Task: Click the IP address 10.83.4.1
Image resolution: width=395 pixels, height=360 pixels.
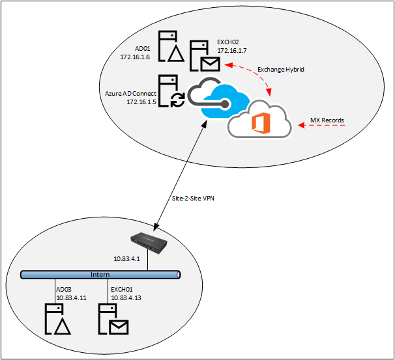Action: click(x=128, y=259)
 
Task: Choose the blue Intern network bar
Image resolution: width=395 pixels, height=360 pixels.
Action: click(x=100, y=275)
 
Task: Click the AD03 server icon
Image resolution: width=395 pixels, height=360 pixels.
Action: click(x=56, y=318)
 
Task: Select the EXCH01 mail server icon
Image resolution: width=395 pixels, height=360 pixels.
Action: click(x=112, y=318)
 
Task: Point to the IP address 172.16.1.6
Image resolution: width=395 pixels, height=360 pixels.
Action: click(x=136, y=57)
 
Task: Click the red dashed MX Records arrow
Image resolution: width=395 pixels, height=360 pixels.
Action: click(x=325, y=126)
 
